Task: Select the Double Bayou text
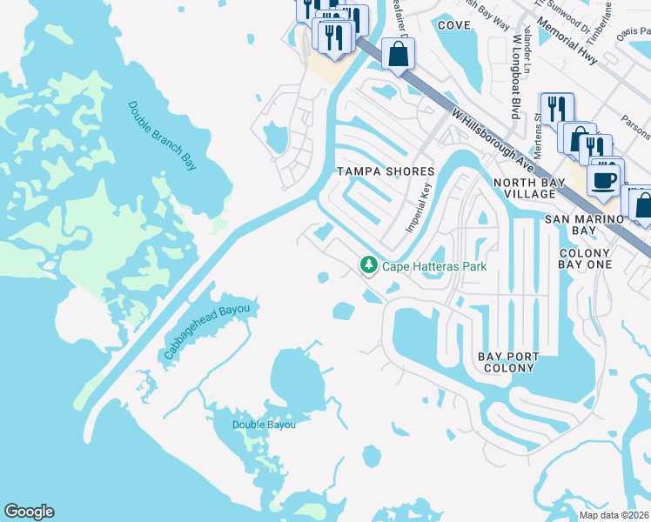click(264, 425)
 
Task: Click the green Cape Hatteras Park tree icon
click(369, 264)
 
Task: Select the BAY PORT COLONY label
click(508, 363)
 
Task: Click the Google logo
click(29, 512)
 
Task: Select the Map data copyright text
click(614, 515)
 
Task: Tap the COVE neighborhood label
click(453, 25)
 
